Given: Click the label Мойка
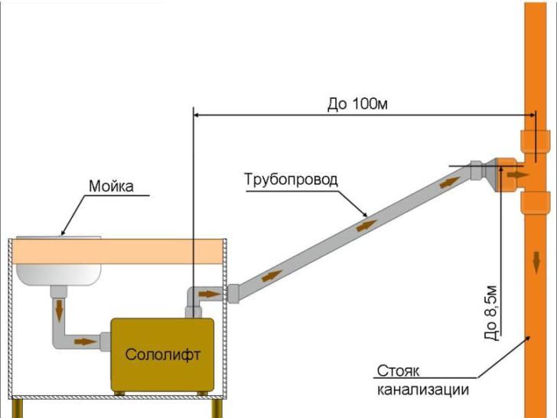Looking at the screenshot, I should pos(111,186).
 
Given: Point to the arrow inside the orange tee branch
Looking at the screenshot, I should pos(516,175).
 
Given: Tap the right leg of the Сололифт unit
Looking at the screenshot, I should pos(200,394).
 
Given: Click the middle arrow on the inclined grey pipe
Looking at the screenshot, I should pos(366,226).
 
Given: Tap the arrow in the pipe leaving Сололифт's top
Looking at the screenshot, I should pos(207,293).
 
